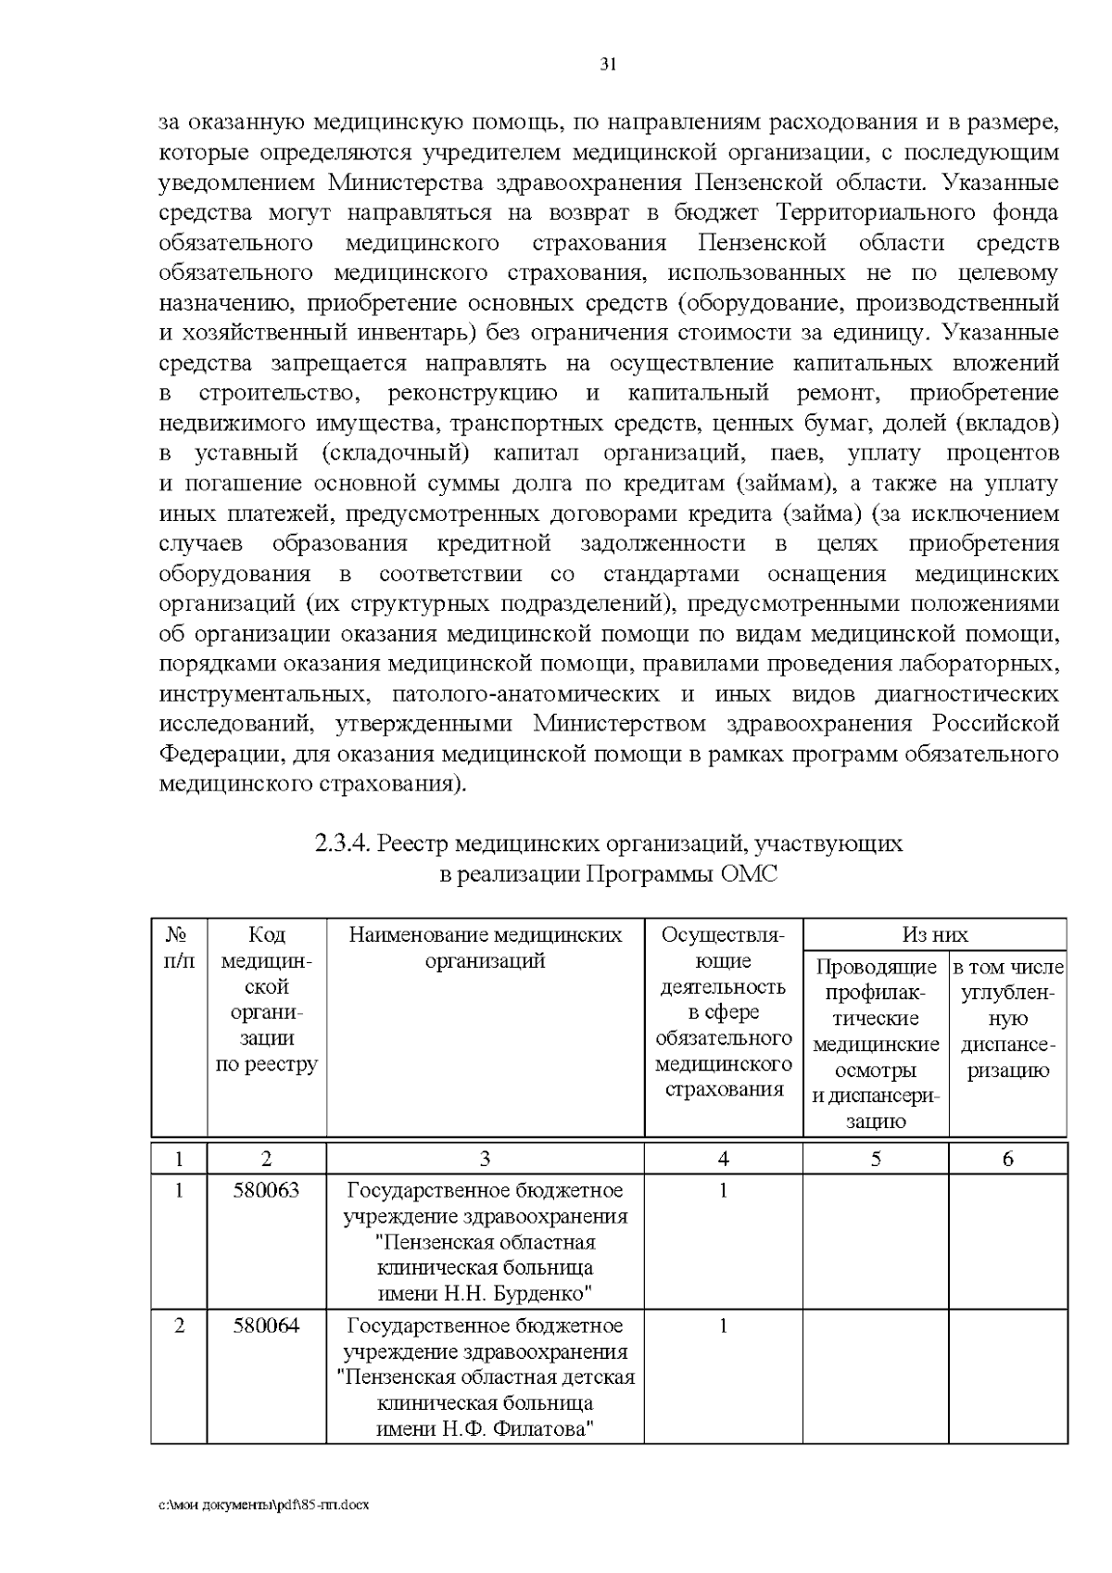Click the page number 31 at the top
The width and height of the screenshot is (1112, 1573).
click(x=608, y=64)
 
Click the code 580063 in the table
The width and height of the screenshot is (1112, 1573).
click(x=266, y=1189)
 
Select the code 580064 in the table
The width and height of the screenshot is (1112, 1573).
click(x=266, y=1325)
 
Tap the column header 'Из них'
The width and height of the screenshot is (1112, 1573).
click(x=934, y=934)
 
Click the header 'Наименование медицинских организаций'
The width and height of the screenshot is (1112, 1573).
click(x=485, y=947)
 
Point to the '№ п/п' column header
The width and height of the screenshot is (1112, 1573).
click(x=179, y=947)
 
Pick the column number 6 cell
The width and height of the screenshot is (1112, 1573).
click(x=1007, y=1158)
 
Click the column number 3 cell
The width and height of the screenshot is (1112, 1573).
click(x=485, y=1158)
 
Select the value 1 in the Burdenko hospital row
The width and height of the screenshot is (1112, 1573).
click(x=723, y=1189)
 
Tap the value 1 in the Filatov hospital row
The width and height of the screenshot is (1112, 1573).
click(x=723, y=1325)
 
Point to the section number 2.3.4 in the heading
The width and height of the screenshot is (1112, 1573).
click(x=343, y=844)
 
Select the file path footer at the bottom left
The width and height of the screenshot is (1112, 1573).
click(x=264, y=1504)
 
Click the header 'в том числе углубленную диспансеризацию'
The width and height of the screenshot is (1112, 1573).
click(x=1007, y=1020)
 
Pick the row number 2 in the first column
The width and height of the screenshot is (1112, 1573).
click(x=179, y=1325)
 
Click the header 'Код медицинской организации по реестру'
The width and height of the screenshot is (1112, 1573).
click(x=266, y=999)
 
